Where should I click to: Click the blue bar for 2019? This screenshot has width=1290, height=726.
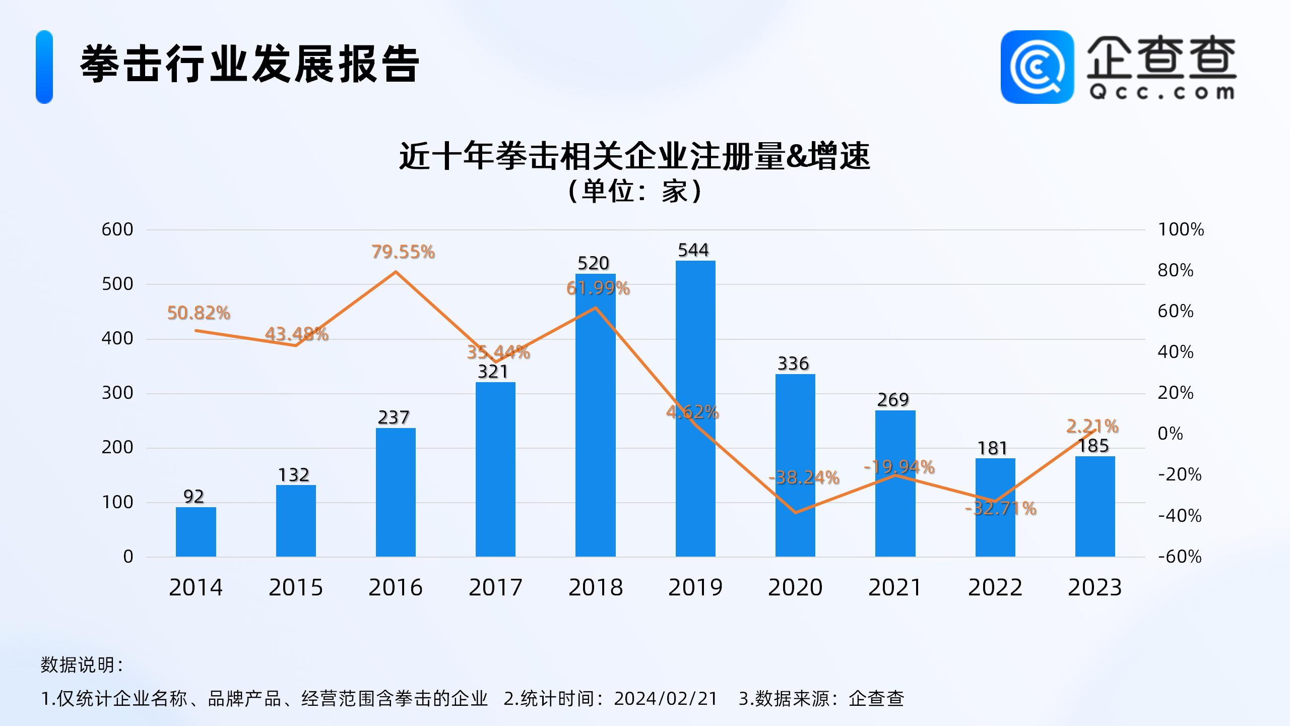(x=695, y=408)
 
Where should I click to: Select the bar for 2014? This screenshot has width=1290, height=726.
(x=196, y=532)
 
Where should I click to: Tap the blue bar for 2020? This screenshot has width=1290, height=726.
(x=795, y=465)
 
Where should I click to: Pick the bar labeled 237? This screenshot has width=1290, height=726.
(x=396, y=492)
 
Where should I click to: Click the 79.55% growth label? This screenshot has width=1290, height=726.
(x=403, y=252)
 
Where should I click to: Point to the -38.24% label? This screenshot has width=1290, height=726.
(x=804, y=477)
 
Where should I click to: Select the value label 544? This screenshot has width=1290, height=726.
(x=693, y=250)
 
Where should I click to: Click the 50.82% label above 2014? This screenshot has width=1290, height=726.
(x=199, y=313)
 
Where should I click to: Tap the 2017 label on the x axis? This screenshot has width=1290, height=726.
(x=495, y=588)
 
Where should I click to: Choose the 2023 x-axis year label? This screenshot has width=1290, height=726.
(x=1094, y=588)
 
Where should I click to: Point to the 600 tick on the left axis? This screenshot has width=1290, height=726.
(x=117, y=230)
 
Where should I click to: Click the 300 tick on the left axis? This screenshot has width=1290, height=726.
(x=117, y=393)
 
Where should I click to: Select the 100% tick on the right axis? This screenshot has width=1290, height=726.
(x=1181, y=230)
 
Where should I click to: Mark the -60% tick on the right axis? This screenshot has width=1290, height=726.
(x=1180, y=557)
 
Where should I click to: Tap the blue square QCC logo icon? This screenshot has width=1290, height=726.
(x=1037, y=67)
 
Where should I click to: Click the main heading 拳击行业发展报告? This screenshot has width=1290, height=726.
(x=250, y=65)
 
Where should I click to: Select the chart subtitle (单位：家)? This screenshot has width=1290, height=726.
(x=635, y=192)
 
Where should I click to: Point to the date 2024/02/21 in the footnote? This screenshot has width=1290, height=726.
(x=665, y=698)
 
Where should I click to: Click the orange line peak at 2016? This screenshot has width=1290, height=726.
(x=396, y=272)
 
